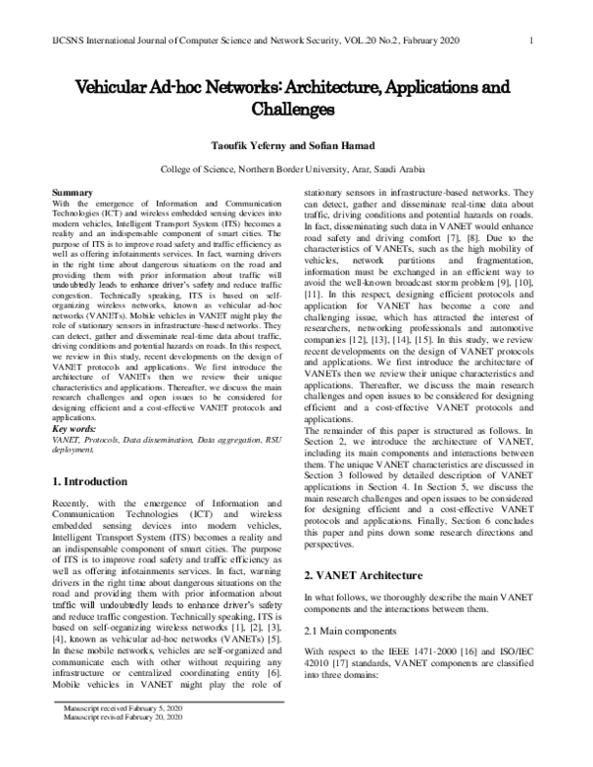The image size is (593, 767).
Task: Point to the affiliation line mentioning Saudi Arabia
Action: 296,170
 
